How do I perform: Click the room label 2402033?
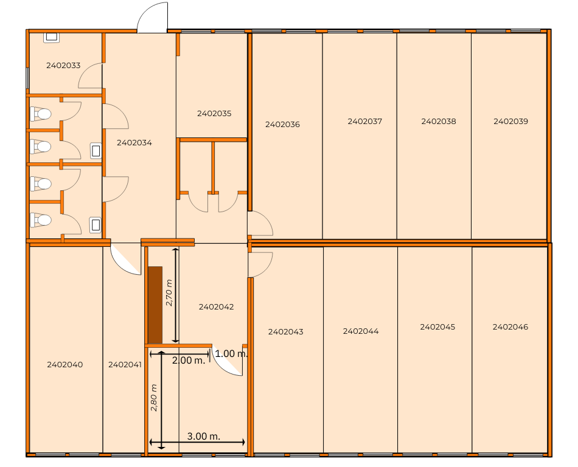(63, 65)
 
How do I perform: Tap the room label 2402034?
(134, 142)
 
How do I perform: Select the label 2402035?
(214, 114)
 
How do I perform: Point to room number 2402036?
(282, 125)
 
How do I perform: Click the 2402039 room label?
(510, 121)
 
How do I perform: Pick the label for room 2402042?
(216, 307)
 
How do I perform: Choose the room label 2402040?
(65, 365)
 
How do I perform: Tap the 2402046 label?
(510, 327)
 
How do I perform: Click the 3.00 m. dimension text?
(203, 437)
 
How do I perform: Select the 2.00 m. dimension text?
(189, 360)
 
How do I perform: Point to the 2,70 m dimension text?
(169, 293)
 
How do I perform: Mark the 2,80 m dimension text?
(154, 398)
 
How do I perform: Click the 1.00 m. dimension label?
(231, 354)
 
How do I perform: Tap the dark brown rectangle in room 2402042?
(155, 305)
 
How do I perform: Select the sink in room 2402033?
(52, 37)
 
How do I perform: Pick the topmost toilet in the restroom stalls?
(41, 114)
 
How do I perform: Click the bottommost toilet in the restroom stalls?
(41, 220)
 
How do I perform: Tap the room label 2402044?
(361, 331)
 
